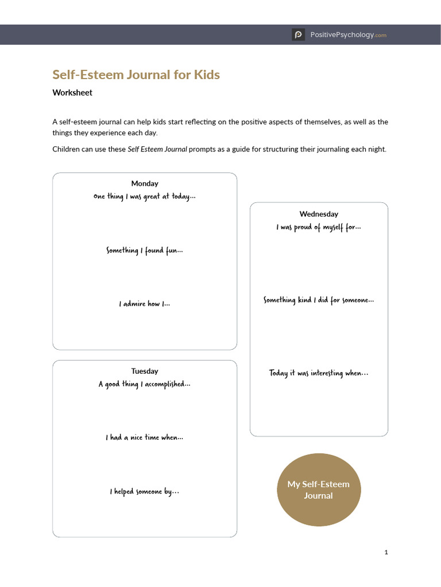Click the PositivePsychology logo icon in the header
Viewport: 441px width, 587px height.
click(x=298, y=35)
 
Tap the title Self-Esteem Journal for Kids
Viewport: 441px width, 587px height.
click(x=136, y=75)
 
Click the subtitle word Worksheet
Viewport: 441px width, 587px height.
click(x=72, y=92)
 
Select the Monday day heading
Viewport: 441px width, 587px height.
click(x=145, y=183)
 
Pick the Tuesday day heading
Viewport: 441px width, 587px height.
click(x=145, y=371)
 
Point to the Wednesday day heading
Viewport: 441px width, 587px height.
click(x=319, y=214)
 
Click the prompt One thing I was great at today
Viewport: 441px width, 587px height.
click(x=145, y=197)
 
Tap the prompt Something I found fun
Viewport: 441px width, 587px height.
click(x=145, y=251)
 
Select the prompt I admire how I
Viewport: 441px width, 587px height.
click(x=145, y=304)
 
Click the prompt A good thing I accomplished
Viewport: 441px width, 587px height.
click(x=145, y=384)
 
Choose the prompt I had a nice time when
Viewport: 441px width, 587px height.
click(x=145, y=437)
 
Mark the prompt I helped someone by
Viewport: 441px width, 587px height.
click(x=145, y=491)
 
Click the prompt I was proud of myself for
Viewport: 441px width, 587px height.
click(x=319, y=228)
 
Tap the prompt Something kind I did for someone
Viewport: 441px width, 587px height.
click(x=319, y=300)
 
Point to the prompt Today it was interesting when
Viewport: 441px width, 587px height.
click(x=319, y=373)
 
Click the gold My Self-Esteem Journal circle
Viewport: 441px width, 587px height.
click(x=319, y=490)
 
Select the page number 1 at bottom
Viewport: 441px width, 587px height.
click(x=386, y=552)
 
